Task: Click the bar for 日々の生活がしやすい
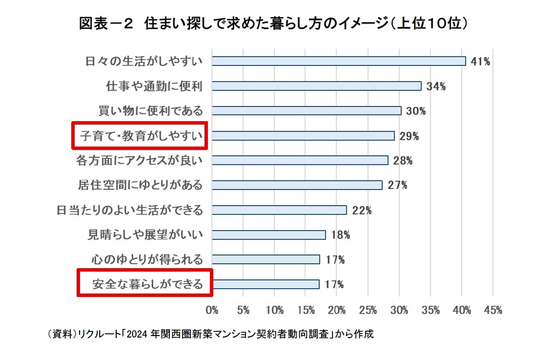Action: point(339,61)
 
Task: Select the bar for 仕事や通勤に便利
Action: point(317,86)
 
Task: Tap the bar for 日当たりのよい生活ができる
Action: point(279,210)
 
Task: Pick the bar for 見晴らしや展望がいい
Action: point(269,235)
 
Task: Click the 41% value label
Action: point(480,62)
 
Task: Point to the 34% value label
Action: point(436,86)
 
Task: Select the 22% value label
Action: point(362,211)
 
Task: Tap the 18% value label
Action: point(340,235)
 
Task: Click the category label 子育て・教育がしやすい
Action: point(141,136)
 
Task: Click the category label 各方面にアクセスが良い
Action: point(139,160)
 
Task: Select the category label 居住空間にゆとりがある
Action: point(140,185)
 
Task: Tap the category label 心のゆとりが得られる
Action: point(147,259)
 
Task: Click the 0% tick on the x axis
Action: point(212,310)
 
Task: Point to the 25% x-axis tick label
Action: point(369,310)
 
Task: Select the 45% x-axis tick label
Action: point(493,310)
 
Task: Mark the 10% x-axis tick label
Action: point(275,310)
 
